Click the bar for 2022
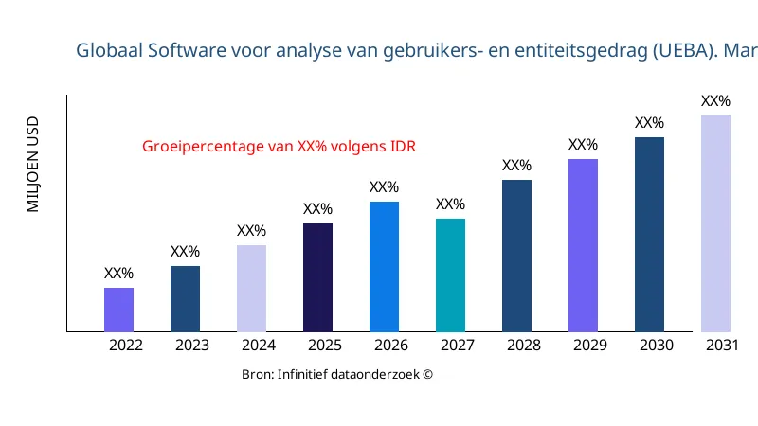[118, 310]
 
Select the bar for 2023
[185, 299]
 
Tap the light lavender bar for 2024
[251, 289]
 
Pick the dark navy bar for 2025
[317, 277]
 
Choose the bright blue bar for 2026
[384, 267]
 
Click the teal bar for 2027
[450, 275]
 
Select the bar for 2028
[516, 256]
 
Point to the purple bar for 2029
[583, 245]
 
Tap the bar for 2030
[649, 235]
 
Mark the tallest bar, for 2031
[715, 223]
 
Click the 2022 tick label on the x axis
[126, 346]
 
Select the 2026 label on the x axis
[391, 346]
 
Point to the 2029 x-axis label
[590, 346]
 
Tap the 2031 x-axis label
[723, 346]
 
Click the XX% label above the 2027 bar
[450, 204]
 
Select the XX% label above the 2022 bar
[118, 274]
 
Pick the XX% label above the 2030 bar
[649, 123]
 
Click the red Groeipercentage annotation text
[280, 147]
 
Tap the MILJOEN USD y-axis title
[33, 165]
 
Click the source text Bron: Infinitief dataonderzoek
[337, 375]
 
